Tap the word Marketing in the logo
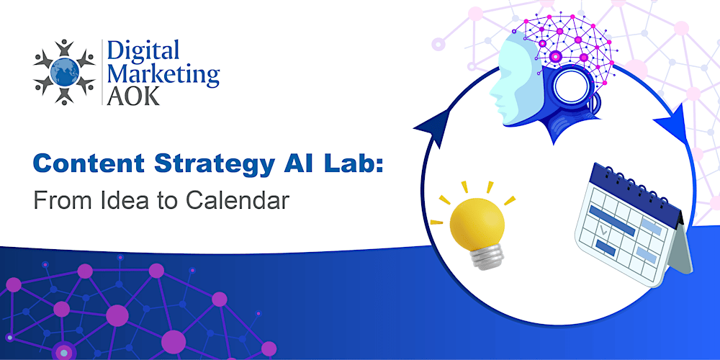tap(163, 74)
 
